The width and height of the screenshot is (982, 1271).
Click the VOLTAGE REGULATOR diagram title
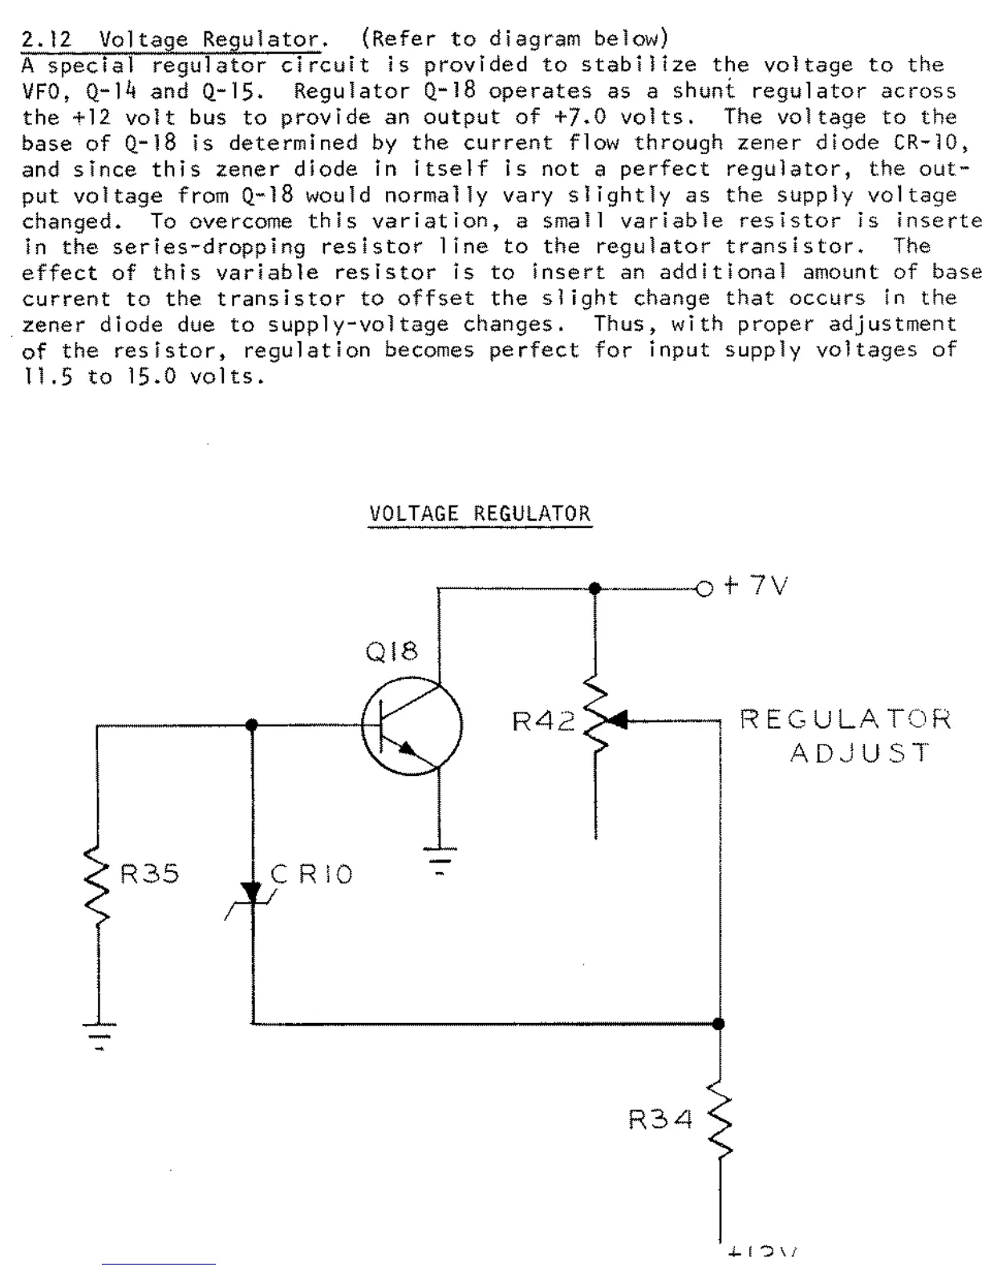point(479,514)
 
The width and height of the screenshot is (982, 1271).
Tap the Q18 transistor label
point(392,652)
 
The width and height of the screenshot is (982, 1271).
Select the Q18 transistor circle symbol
point(412,727)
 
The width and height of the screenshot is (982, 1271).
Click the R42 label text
point(544,722)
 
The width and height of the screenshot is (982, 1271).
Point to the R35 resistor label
point(150,873)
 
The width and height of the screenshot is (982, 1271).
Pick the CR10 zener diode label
point(312,873)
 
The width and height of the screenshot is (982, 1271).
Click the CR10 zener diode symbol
point(252,892)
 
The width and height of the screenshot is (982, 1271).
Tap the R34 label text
point(659,1119)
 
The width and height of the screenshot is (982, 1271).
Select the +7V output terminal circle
point(704,589)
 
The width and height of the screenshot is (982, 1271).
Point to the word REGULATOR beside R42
point(846,718)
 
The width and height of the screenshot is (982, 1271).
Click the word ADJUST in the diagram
point(859,753)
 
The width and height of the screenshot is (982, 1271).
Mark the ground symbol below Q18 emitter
point(438,858)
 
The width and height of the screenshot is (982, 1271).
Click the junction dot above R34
point(719,1024)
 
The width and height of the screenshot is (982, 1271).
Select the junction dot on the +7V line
point(594,588)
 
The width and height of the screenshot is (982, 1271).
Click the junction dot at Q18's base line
point(251,725)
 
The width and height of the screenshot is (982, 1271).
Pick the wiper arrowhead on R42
point(618,720)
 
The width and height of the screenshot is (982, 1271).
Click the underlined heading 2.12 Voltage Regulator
point(170,39)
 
